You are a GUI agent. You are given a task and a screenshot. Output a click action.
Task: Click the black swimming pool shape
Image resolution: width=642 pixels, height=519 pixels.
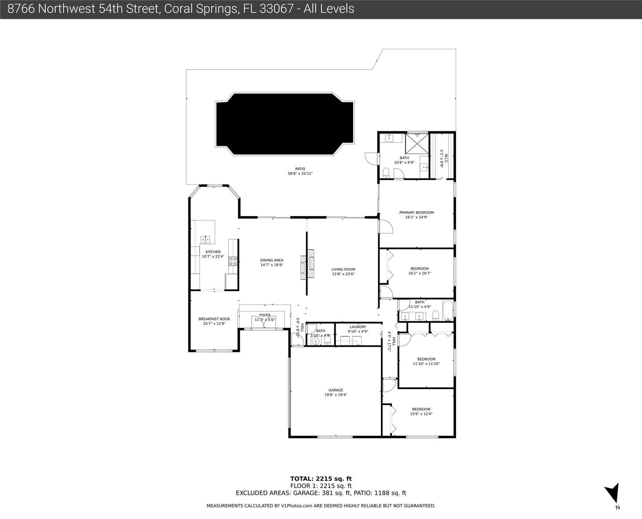(285, 124)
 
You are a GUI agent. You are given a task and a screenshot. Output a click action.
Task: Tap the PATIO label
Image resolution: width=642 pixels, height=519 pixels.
(300, 169)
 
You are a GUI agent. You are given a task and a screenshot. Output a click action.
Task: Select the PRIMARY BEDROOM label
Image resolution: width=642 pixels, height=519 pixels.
(416, 213)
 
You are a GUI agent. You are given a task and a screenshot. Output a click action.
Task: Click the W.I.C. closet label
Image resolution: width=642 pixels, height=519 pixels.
(446, 159)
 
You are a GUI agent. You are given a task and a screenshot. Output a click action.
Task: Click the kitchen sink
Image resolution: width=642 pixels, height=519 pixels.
(205, 240)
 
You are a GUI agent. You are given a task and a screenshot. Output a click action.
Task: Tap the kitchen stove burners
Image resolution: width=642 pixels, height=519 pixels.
(233, 261)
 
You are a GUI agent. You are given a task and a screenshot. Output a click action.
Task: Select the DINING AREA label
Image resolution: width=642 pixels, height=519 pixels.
(272, 260)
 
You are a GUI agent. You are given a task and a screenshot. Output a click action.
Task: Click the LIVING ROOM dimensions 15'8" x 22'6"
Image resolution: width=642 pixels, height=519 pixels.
(343, 274)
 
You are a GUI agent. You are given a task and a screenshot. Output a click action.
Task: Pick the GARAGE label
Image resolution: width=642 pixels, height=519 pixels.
(336, 390)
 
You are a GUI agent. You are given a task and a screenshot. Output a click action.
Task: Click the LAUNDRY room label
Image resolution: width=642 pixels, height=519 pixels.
(358, 327)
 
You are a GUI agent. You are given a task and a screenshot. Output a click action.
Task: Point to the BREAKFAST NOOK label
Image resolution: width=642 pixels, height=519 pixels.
(214, 319)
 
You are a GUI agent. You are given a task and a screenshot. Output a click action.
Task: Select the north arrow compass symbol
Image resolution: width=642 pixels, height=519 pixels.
(613, 494)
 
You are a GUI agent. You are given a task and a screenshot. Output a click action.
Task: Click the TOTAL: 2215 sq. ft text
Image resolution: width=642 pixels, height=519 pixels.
(321, 479)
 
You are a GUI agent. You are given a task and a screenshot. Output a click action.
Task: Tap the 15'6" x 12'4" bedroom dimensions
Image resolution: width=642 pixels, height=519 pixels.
(421, 414)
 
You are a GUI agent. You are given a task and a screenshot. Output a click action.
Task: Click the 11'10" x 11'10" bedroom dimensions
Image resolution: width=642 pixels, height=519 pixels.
(426, 364)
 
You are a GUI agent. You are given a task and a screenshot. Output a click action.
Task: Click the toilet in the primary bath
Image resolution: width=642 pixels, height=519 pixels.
(386, 173)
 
